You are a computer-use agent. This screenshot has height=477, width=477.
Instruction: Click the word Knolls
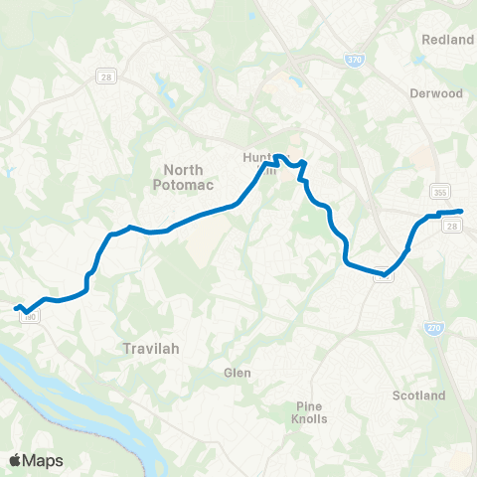(309, 418)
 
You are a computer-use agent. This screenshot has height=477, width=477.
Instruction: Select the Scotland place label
(418, 396)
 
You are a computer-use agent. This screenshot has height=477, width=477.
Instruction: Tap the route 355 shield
(440, 191)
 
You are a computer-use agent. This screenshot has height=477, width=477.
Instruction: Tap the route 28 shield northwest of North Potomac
(103, 77)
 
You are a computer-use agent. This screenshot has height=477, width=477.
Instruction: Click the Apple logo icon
(16, 460)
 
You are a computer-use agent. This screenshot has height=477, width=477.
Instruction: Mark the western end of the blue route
(15, 308)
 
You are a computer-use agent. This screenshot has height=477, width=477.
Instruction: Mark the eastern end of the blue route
(462, 211)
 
